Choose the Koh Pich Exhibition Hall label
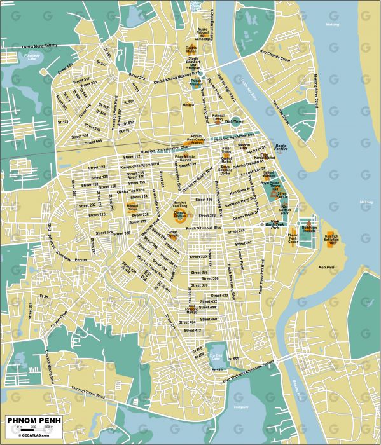tap(331, 239)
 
